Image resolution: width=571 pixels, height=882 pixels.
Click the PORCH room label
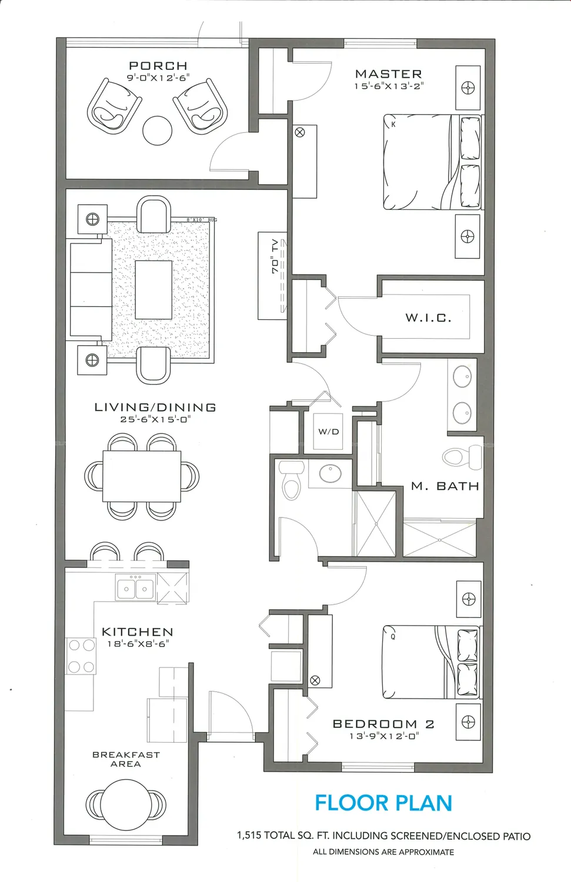pyautogui.click(x=158, y=66)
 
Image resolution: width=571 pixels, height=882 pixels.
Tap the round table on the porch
pyautogui.click(x=158, y=131)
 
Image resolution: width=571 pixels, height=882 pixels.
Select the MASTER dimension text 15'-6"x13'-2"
pyautogui.click(x=389, y=86)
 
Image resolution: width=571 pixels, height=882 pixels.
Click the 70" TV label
pyautogui.click(x=275, y=256)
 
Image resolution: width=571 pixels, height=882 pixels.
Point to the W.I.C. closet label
pyautogui.click(x=428, y=318)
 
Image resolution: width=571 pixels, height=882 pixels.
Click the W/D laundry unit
pyautogui.click(x=328, y=432)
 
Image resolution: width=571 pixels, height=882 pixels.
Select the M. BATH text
pyautogui.click(x=445, y=486)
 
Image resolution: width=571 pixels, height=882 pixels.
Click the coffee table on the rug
pyautogui.click(x=153, y=289)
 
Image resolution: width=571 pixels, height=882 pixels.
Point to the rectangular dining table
pyautogui.click(x=142, y=476)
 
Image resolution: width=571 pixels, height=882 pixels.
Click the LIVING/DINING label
pyautogui.click(x=155, y=407)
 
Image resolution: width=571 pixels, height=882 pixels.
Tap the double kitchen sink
pyautogui.click(x=136, y=588)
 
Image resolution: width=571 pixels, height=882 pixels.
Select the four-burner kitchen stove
pyautogui.click(x=81, y=656)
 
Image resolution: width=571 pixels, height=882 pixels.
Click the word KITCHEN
pyautogui.click(x=138, y=632)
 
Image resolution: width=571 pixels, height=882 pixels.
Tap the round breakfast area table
pyautogui.click(x=126, y=804)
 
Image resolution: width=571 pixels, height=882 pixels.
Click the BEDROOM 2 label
pyautogui.click(x=383, y=724)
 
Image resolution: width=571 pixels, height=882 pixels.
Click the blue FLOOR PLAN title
pyautogui.click(x=383, y=803)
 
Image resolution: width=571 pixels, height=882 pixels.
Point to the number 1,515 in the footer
pyautogui.click(x=249, y=836)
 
